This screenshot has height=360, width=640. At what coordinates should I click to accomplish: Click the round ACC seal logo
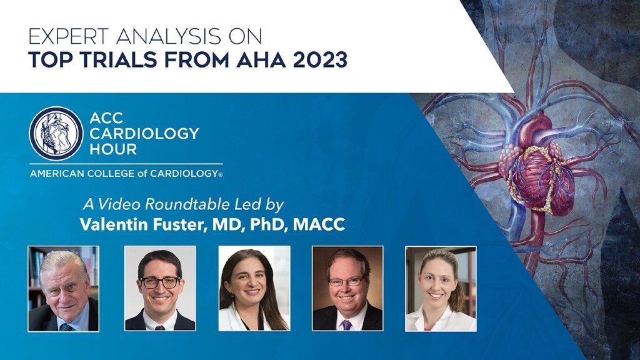coord(56,133)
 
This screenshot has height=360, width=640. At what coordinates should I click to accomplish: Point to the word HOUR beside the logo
coord(113,149)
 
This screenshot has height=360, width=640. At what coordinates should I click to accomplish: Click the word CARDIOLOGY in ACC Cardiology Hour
coord(144,134)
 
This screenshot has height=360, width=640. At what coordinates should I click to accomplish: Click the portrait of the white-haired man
coord(63,289)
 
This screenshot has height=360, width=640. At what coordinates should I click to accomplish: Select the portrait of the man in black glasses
coord(160,289)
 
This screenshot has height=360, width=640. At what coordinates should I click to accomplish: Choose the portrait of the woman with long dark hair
coord(254,289)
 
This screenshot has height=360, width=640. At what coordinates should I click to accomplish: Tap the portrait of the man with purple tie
coord(347,289)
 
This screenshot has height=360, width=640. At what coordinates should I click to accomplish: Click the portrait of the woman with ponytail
coord(441,289)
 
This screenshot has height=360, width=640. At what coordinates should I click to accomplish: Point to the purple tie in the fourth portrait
coord(346,324)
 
